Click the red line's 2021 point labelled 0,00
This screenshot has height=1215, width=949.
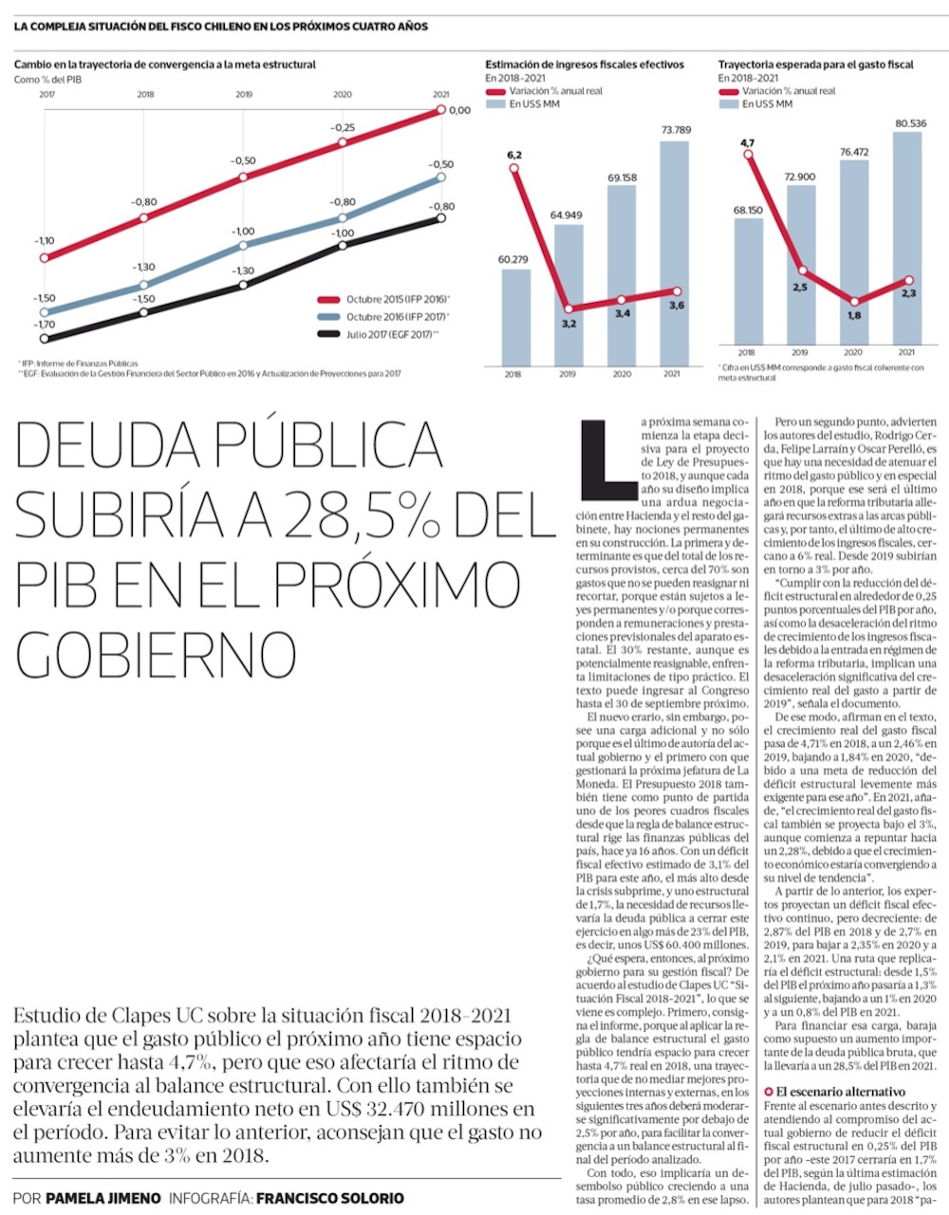click(x=441, y=110)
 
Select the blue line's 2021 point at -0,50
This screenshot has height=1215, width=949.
click(x=441, y=178)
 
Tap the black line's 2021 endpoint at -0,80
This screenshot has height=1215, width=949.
click(x=441, y=218)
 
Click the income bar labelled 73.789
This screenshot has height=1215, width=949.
click(x=674, y=252)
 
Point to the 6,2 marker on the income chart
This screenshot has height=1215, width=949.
click(x=513, y=169)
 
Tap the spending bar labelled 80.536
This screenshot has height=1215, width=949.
click(x=907, y=237)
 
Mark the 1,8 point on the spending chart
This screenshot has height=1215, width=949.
click(x=853, y=301)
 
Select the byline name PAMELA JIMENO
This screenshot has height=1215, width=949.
click(x=103, y=1198)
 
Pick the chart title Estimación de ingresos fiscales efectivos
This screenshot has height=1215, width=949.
click(x=584, y=65)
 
